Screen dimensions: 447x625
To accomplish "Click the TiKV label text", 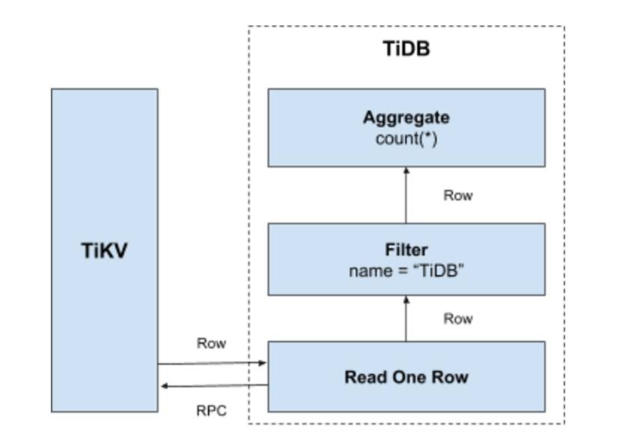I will point(104,250).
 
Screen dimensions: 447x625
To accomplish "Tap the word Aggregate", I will point(406,118).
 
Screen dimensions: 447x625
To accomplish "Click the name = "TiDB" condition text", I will point(407,271).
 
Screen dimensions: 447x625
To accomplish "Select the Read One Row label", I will point(406,377).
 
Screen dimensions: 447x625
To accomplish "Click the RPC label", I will point(211,410).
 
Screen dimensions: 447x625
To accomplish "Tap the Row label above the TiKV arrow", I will point(211,344).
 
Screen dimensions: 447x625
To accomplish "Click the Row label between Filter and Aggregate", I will point(458,196).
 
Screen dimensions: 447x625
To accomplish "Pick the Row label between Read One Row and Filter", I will point(458,319).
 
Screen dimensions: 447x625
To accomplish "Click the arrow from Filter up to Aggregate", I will point(406,195).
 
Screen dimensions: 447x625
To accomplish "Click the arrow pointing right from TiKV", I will point(212,363).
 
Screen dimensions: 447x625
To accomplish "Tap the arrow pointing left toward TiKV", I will point(212,386).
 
